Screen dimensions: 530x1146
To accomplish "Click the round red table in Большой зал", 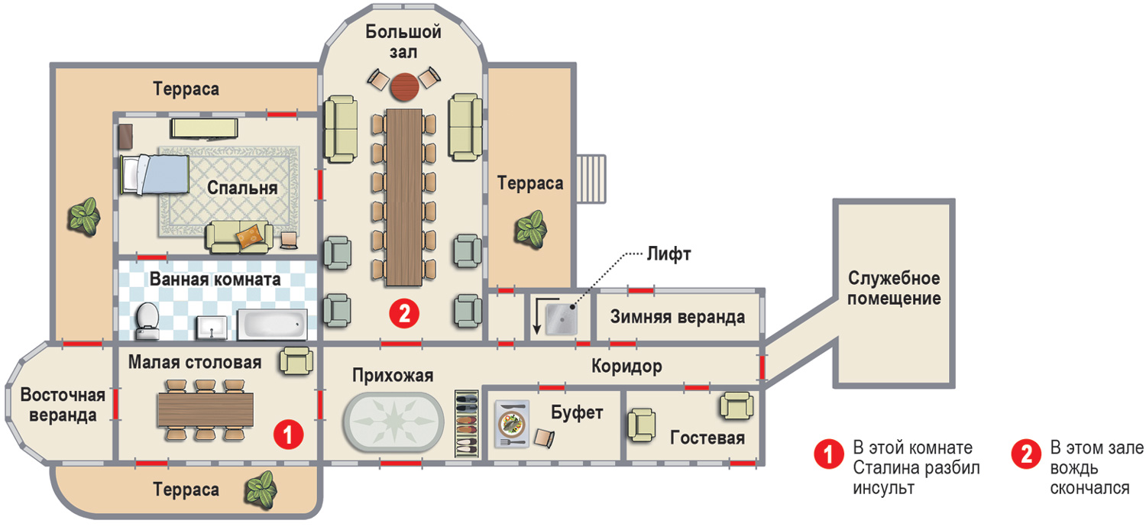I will click(x=404, y=86).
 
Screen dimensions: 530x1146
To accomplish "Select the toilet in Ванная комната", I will click(x=146, y=321).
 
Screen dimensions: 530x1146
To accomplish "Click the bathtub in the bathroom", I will click(x=272, y=324).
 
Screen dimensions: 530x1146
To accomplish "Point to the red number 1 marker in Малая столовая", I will click(x=289, y=435).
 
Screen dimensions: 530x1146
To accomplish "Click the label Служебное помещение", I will click(x=894, y=287).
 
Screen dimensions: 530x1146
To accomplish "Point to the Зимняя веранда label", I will click(x=678, y=317).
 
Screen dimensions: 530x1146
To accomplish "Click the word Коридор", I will click(x=626, y=367).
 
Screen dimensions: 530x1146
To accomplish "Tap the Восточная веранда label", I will click(x=58, y=406).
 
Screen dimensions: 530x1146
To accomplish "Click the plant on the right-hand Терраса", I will click(x=529, y=227).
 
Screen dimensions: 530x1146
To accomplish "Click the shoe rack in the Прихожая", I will click(x=465, y=422).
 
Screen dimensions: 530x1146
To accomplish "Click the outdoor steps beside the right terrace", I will click(x=590, y=178).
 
